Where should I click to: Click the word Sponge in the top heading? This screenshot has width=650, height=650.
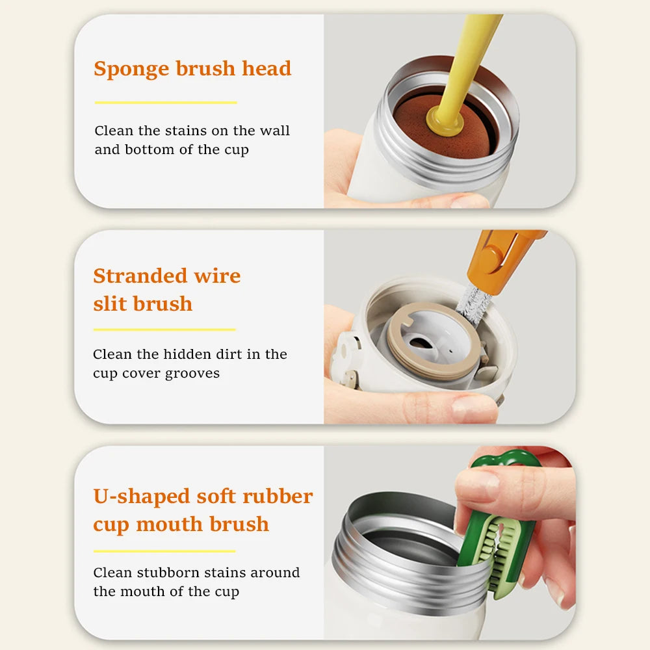pos(131,70)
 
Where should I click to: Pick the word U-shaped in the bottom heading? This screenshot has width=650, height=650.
pos(141,497)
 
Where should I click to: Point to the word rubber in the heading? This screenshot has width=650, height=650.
pos(278,496)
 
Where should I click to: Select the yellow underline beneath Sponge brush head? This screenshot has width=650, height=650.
pos(166,103)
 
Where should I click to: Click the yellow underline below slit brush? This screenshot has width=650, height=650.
pos(164,330)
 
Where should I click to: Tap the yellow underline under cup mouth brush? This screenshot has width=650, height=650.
pos(164,551)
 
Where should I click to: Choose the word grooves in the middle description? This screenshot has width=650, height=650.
pos(192,374)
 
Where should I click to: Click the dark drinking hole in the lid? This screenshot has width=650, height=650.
pos(420,343)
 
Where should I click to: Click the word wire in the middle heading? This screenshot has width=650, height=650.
pos(217,276)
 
